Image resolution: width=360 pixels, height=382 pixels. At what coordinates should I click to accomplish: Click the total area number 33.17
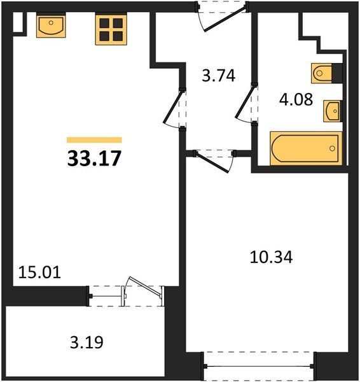[x=94, y=158]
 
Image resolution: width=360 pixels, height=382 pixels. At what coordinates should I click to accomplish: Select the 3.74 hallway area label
[x=219, y=76]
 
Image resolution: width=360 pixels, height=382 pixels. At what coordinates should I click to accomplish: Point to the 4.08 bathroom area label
[x=296, y=99]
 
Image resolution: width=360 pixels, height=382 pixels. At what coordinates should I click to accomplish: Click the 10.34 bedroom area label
[x=271, y=257]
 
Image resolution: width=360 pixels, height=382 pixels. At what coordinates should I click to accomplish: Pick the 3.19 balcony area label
[x=87, y=342]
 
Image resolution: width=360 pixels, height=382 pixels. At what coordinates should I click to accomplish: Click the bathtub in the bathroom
[x=306, y=148]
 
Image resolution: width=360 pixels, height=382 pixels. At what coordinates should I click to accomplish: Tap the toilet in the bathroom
[x=322, y=73]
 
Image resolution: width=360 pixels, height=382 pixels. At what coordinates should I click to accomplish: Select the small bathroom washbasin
[x=332, y=111]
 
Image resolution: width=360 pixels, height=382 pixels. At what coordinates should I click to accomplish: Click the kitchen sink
[x=51, y=25]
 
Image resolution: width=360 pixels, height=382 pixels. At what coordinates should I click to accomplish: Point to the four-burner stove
[x=111, y=29]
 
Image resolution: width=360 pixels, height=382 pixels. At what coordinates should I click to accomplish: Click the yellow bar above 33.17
[x=94, y=140]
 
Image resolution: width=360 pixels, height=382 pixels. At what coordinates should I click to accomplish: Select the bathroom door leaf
[x=246, y=102]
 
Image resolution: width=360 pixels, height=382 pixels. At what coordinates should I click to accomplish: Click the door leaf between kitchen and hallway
[x=173, y=106]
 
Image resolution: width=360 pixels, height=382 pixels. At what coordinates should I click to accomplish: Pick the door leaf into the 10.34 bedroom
[x=212, y=162]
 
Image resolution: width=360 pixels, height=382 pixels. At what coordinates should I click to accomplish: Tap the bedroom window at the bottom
[x=258, y=366]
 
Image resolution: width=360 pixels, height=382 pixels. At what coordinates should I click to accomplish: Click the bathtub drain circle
[x=332, y=148]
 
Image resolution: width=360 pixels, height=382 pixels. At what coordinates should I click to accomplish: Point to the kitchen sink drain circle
[x=51, y=23]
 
